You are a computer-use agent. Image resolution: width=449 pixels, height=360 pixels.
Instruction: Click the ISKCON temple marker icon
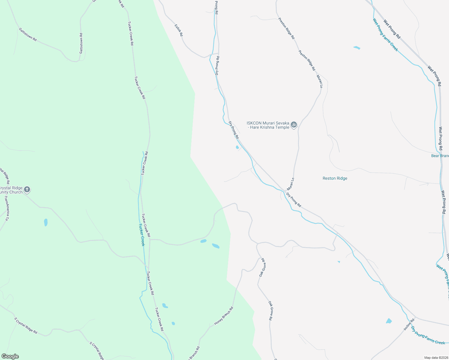click(294, 124)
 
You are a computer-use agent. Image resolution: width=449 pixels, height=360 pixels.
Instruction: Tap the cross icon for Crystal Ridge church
click(27, 189)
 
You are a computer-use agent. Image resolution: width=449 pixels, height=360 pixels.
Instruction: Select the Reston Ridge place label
click(335, 178)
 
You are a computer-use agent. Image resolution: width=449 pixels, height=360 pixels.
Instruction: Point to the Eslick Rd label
click(179, 30)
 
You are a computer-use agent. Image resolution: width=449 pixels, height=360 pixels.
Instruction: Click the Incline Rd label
click(409, 324)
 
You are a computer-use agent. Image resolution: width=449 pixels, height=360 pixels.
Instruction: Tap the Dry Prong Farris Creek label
click(428, 335)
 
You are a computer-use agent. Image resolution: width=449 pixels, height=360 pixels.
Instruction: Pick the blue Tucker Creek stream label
click(142, 235)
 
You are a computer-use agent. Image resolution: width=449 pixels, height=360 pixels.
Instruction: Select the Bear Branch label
click(440, 156)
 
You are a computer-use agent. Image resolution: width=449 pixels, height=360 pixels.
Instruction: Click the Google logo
click(10, 356)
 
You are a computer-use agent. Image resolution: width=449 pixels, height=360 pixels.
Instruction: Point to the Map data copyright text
click(436, 358)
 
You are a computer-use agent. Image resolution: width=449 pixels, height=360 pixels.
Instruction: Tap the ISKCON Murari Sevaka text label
click(268, 125)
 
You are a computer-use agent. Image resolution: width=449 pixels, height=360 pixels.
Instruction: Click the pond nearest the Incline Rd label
click(389, 321)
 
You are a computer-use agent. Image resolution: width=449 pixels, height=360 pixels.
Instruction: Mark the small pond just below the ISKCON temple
click(237, 147)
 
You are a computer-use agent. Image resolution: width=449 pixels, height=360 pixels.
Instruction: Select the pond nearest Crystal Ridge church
click(46, 222)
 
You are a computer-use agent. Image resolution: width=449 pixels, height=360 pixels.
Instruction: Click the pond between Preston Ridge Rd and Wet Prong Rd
click(357, 47)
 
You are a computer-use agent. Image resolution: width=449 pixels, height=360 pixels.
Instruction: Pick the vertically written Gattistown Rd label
click(81, 43)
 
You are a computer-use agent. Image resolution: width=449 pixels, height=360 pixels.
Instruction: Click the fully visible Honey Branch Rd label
click(224, 316)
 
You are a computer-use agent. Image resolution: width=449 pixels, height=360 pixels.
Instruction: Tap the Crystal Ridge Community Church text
click(11, 190)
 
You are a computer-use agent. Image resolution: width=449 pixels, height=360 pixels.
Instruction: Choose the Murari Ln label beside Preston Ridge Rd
click(320, 81)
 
